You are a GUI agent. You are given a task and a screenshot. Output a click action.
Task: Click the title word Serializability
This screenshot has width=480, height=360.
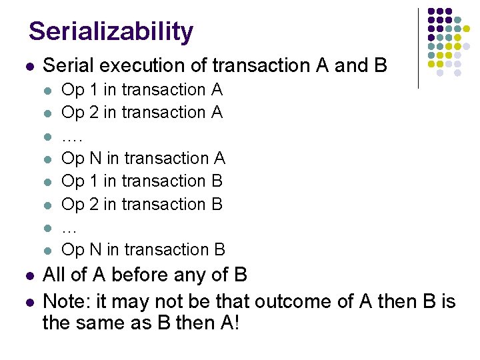click(111, 31)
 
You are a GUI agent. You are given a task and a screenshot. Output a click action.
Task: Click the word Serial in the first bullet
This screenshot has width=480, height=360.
click(69, 65)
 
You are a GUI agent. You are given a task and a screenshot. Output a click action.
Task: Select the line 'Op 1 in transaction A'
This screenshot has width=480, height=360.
click(142, 89)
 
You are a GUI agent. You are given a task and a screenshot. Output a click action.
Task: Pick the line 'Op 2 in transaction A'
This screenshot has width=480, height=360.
click(142, 112)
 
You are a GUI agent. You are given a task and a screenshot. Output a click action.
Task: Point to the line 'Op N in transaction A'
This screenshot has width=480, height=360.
click(143, 158)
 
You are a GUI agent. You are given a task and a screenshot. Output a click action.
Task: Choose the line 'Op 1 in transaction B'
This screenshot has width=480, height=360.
click(142, 181)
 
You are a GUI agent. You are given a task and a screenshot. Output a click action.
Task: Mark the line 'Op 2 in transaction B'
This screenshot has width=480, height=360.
click(142, 203)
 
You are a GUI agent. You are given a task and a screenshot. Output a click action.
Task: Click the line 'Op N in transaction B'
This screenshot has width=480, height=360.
click(143, 249)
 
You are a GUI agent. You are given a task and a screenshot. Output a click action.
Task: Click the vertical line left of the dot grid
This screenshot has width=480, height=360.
click(418, 48)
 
